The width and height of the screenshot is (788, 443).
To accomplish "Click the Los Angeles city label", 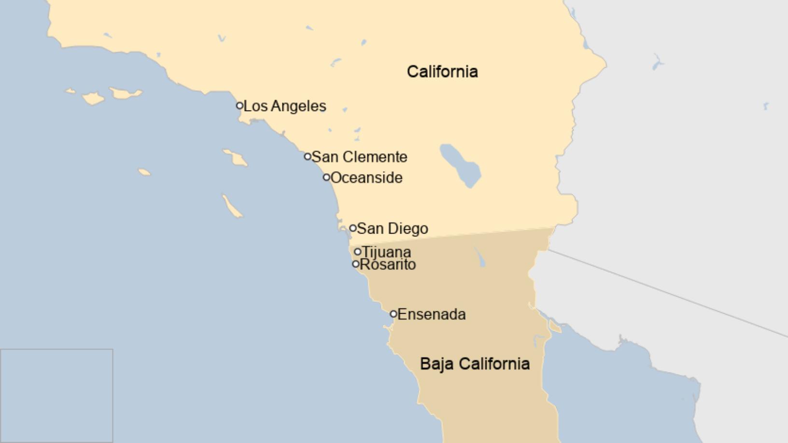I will pos(285,106).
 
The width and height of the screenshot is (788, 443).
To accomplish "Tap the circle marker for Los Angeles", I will pos(239,105).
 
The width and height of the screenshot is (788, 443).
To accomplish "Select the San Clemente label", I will pos(360,157).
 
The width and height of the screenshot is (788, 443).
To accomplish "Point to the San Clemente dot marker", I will pos(308,156).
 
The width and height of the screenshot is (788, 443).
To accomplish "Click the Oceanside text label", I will pos(366,178).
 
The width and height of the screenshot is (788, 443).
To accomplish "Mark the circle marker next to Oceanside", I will pos(326,177).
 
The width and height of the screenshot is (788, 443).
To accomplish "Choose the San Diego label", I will pos(393,228).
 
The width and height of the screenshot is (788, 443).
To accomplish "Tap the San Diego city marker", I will pos(353,228).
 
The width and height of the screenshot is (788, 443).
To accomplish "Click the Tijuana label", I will pos(387,251).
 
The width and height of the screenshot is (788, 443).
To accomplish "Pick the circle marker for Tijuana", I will pos(358,251).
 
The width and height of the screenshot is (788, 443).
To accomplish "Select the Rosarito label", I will pos(388,264).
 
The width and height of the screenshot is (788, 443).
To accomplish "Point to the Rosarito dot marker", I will pos(356,264).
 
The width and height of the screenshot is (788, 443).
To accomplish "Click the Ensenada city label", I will pos(432,314).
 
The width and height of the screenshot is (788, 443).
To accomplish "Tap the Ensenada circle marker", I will pos(394,314).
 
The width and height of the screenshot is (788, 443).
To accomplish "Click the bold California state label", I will pos(442,71).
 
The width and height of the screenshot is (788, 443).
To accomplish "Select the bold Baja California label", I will pos(475,363).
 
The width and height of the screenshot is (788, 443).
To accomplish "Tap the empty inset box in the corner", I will pos(56,395).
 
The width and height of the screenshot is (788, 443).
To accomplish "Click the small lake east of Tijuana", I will pos(480,258).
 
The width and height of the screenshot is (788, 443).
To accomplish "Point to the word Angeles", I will pos(298,106).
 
